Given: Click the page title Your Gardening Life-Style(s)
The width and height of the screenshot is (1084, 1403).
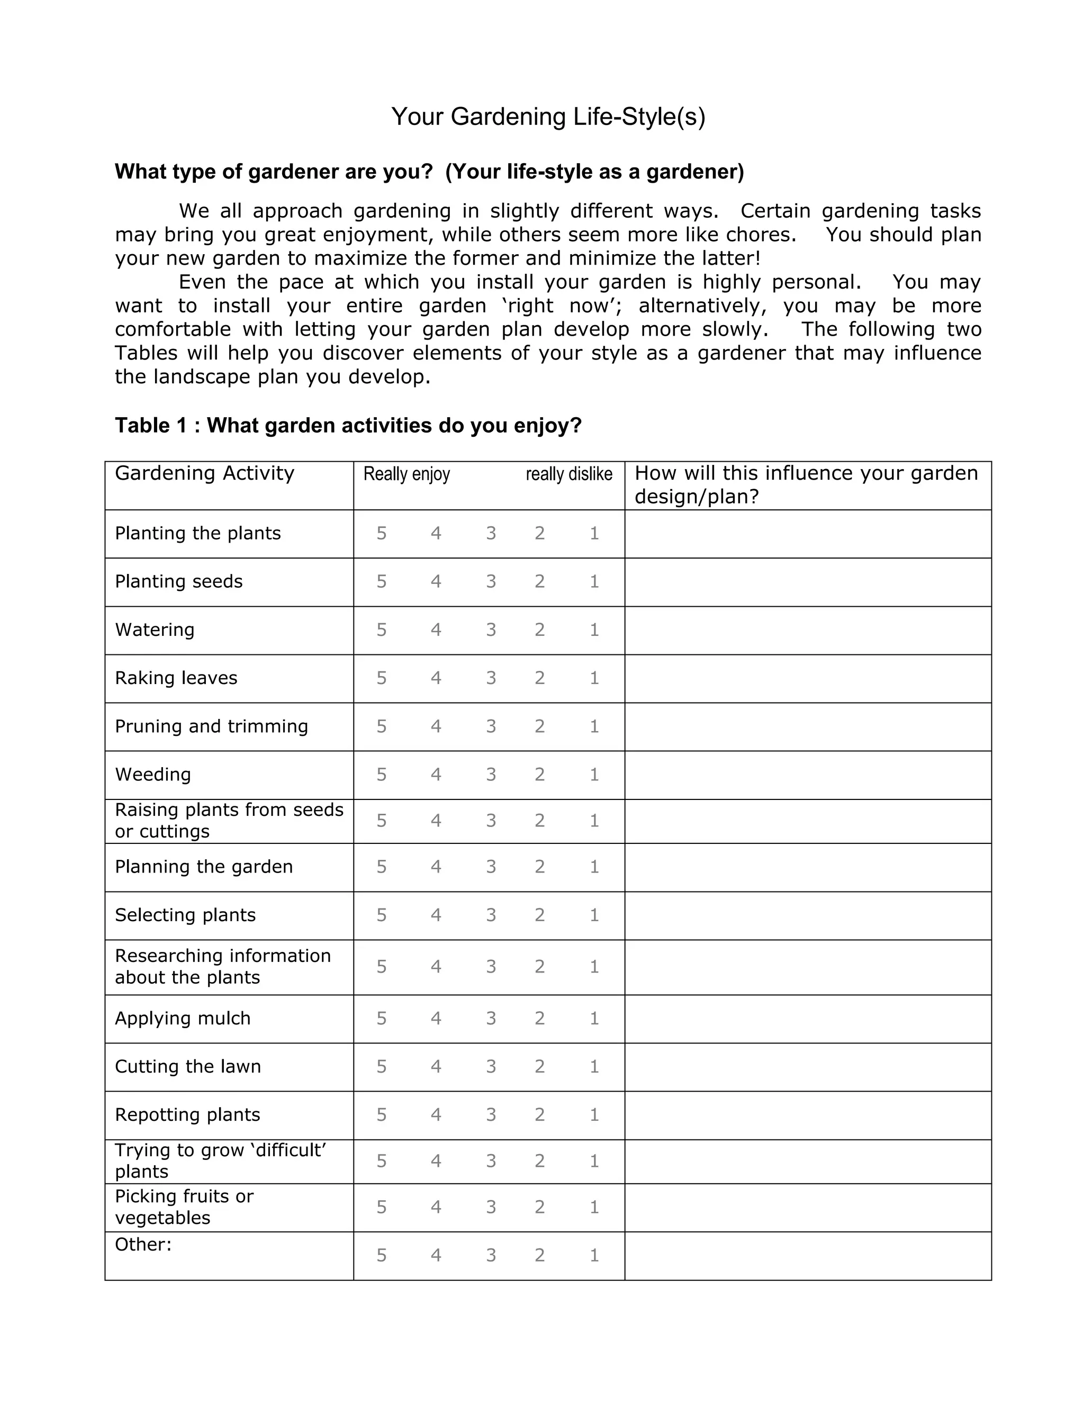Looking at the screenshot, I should pos(548,117).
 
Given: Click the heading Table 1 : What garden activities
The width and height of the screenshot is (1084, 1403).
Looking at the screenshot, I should pos(348,425).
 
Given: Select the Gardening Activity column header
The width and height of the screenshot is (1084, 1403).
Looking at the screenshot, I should pos(204,473).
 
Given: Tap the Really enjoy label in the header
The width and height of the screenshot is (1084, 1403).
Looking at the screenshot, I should pos(406,475).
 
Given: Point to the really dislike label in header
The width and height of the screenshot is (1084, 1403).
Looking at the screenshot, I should pos(569,475).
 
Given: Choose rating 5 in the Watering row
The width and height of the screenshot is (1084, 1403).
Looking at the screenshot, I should pos(382,629).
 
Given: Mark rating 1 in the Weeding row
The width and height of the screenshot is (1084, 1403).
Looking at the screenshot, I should pos(594,774).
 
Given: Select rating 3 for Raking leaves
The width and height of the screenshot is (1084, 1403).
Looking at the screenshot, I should pos(491,678).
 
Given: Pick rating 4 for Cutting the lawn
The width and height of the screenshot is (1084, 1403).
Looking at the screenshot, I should pos(436,1066).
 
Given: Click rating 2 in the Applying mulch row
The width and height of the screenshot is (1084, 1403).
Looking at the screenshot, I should pos(539,1018).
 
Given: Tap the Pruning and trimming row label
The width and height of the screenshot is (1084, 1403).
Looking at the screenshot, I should pos(211,726).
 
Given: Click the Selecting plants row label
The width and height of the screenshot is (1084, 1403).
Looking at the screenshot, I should pos(185,915).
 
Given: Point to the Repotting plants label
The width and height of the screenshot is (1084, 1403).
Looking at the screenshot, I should pos(187,1114).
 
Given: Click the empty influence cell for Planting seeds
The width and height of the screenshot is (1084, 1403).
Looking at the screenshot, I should pos(807,582).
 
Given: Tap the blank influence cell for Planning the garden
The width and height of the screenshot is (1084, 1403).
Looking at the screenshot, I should pos(807,867).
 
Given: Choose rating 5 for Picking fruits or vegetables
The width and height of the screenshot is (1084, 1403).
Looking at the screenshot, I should pos(382,1207).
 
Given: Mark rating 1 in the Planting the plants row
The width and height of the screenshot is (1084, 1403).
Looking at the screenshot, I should pos(594,533).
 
